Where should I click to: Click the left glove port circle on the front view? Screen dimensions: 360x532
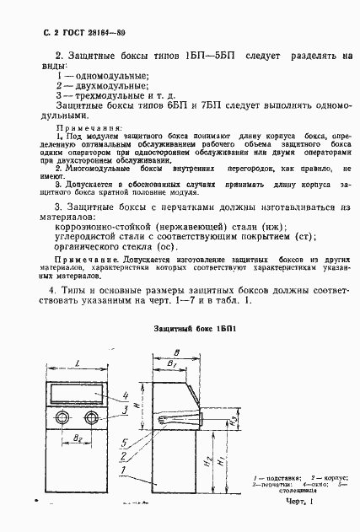pyautogui.click(x=61, y=418)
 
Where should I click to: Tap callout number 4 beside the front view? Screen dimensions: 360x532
pyautogui.click(x=125, y=395)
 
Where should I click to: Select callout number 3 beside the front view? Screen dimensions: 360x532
pyautogui.click(x=125, y=409)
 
